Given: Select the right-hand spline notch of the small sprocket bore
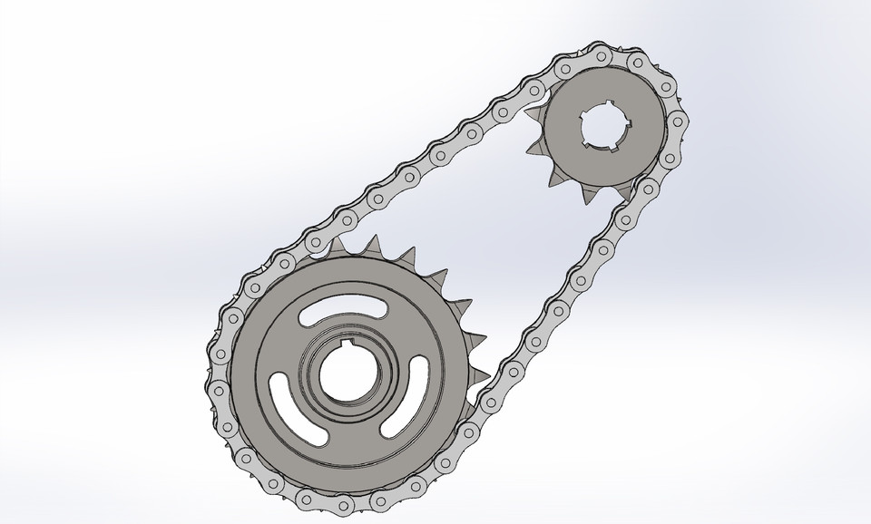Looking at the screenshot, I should click(621, 128).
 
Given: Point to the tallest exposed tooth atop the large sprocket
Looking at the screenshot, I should click(371, 244).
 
